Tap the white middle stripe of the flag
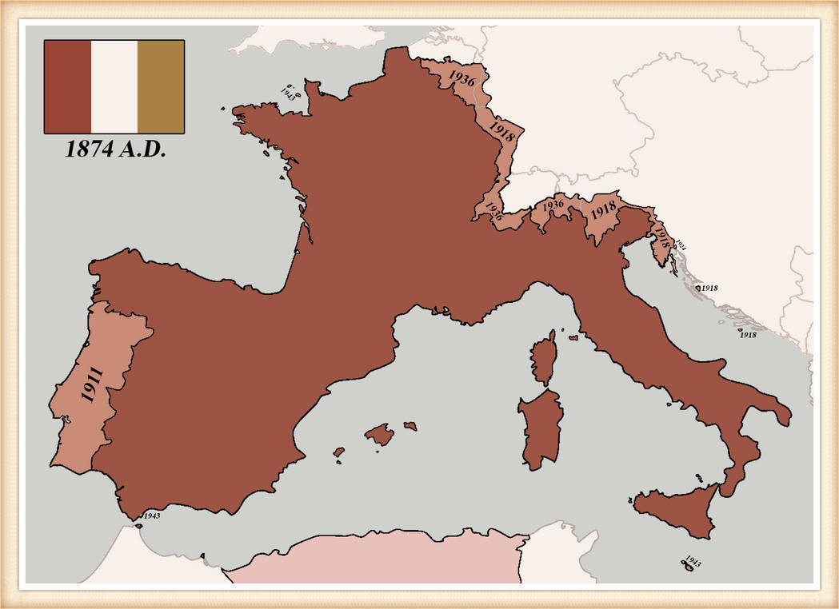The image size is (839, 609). pos(114,86)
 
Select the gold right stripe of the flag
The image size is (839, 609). pos(161,86)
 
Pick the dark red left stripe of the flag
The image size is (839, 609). pos(67,86)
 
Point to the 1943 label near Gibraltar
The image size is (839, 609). pos(152,516)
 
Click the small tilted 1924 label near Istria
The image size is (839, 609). pos(681,243)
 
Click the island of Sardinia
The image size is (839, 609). pos(541,428)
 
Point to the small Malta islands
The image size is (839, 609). pos(685,565)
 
